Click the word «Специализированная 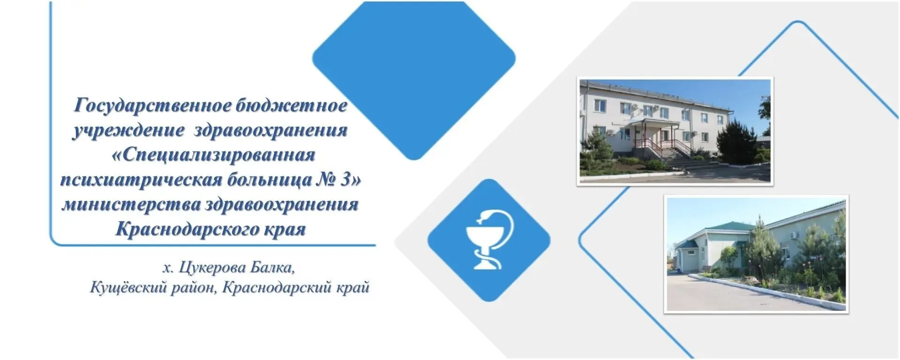coord(213,155)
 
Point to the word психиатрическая coord(140,180)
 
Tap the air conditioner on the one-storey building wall coord(792,234)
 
